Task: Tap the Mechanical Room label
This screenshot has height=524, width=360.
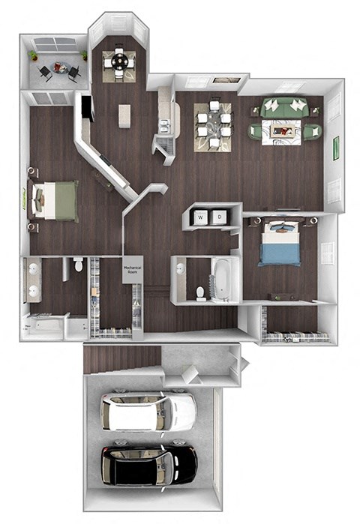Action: click(x=133, y=269)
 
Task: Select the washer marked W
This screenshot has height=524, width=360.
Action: click(x=201, y=217)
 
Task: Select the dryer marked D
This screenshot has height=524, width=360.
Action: click(x=219, y=217)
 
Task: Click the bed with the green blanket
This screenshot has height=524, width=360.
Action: click(x=57, y=200)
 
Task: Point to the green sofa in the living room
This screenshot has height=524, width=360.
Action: click(x=286, y=106)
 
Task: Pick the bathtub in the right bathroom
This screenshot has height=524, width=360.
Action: click(x=223, y=280)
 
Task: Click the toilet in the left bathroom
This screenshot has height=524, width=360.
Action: click(x=78, y=265)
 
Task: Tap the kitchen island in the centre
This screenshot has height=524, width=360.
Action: click(x=124, y=115)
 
